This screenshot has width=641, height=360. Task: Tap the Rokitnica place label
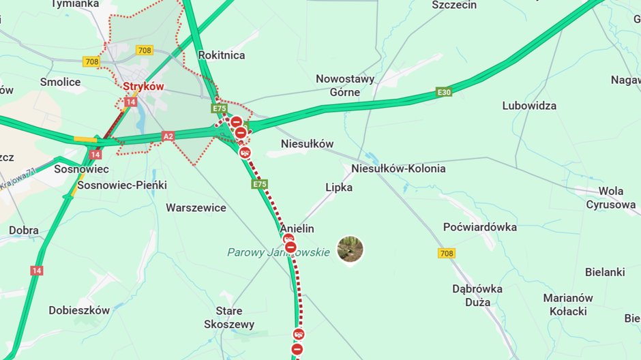(222, 55)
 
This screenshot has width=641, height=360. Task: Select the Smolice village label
(60, 82)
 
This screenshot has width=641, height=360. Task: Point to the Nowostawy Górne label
(345, 85)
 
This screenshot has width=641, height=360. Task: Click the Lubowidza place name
(529, 106)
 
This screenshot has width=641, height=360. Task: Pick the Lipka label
(339, 187)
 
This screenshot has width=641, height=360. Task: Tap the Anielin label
(297, 228)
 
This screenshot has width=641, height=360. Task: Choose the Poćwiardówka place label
(480, 226)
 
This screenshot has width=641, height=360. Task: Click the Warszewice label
(196, 207)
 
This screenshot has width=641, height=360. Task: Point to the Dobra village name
(24, 230)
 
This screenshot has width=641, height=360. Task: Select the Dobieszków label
(79, 310)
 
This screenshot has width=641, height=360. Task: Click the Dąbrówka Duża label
(477, 295)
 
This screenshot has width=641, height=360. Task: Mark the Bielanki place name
(605, 272)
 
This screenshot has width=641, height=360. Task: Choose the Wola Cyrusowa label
(611, 198)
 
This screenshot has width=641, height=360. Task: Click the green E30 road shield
(444, 92)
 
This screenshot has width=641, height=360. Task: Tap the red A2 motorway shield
(168, 136)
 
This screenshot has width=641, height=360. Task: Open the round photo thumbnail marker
(351, 250)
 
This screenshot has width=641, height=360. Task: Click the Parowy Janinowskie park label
(278, 252)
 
